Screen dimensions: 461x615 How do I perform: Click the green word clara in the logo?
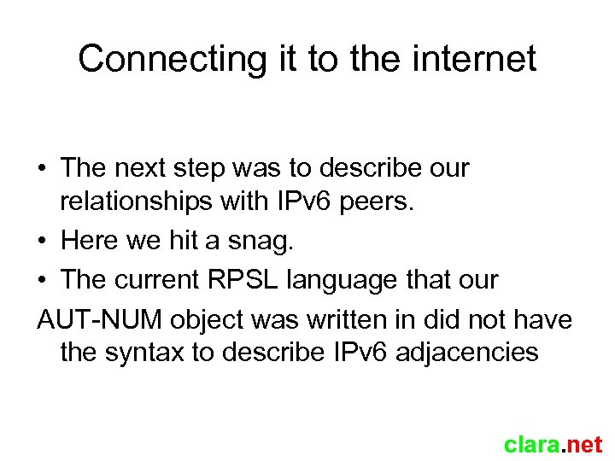point(530,445)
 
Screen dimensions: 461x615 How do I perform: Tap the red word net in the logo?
point(584,445)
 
